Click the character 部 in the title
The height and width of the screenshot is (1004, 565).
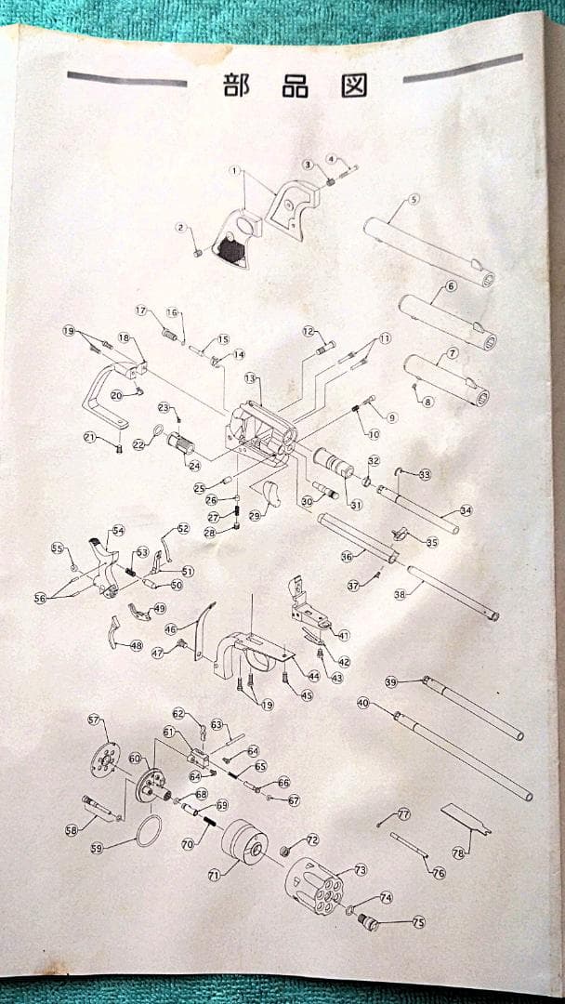(x=235, y=86)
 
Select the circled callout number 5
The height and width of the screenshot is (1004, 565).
(x=414, y=199)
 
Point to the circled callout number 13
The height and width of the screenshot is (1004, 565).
(x=250, y=378)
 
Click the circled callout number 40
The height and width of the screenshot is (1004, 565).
(x=363, y=704)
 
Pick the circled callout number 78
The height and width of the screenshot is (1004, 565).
(x=457, y=852)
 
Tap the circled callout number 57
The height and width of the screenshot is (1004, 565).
(x=93, y=720)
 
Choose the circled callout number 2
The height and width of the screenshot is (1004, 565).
(x=182, y=227)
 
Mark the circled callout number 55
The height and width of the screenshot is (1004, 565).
(x=57, y=548)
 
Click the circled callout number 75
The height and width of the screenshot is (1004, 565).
(x=418, y=922)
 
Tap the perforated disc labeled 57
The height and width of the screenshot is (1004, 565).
(x=105, y=759)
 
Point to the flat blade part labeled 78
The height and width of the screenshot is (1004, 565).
(x=465, y=817)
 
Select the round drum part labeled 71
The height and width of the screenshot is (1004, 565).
(x=244, y=842)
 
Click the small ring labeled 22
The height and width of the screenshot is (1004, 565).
(x=158, y=430)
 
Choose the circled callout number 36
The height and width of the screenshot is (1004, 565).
(x=347, y=556)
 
